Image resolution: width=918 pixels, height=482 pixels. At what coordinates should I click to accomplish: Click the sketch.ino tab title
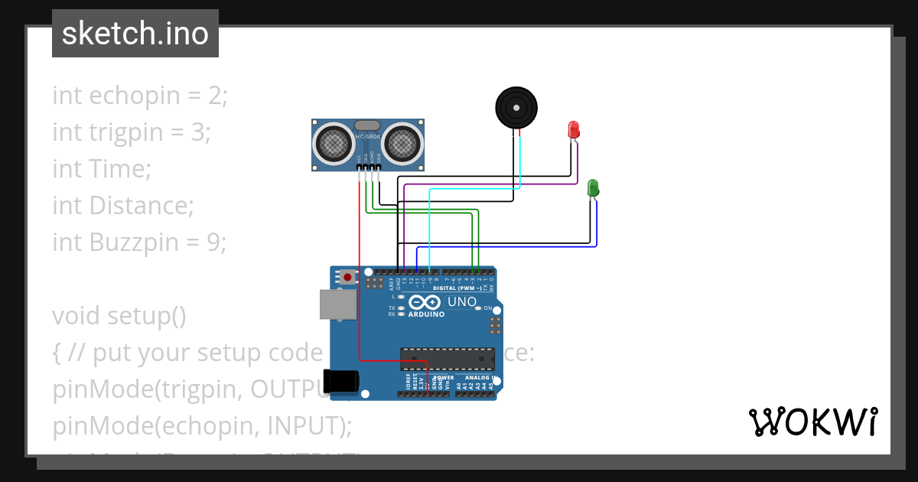coord(135,34)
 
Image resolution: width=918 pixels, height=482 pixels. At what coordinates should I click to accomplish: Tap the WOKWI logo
coord(812,422)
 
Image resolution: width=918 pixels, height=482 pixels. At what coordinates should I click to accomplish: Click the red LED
coord(574,129)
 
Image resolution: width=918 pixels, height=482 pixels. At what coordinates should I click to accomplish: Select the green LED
coord(593,187)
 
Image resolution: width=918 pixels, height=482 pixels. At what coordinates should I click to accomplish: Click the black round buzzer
coord(515,107)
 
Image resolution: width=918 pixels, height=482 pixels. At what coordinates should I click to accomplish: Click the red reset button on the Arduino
coord(348,277)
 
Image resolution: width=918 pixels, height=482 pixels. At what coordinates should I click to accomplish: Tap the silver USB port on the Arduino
coord(337,304)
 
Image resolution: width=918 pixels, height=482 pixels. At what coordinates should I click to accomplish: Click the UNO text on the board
coord(462,301)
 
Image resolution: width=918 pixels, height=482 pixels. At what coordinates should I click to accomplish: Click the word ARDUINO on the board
coord(426,314)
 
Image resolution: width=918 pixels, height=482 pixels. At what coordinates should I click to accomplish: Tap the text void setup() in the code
coord(119,316)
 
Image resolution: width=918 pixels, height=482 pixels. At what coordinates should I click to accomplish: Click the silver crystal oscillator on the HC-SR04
coord(367,125)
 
